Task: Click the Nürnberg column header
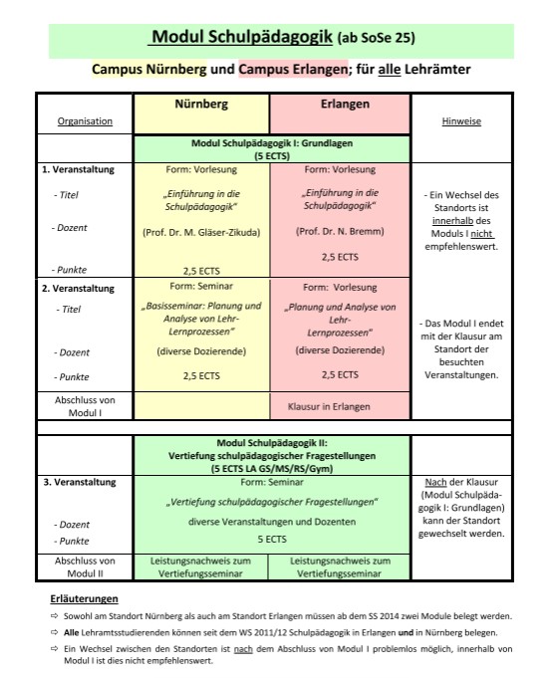point(201,105)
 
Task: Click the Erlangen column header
point(345,105)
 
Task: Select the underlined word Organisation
point(85,121)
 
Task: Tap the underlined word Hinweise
point(461,121)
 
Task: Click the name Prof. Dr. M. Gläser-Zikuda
point(201,233)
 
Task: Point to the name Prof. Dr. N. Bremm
point(340,231)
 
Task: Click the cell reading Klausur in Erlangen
point(329,406)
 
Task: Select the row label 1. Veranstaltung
point(78,169)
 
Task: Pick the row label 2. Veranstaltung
point(78,289)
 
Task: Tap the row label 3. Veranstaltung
point(80,482)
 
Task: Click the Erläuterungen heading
point(84,599)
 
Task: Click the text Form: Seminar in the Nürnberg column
point(201,287)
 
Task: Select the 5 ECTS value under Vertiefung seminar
point(272,540)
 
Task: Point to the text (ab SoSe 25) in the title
point(376,38)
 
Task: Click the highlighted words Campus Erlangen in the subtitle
point(293,69)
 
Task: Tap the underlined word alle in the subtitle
point(390,70)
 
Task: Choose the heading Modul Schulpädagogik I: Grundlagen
point(272,143)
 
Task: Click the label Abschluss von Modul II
point(85,567)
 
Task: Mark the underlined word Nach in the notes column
point(435,482)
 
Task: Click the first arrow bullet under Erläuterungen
point(54,615)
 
